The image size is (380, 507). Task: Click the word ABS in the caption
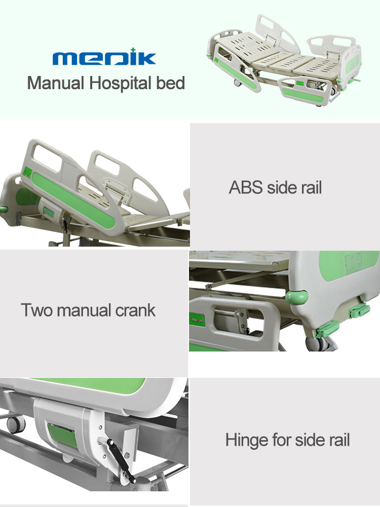point(244,187)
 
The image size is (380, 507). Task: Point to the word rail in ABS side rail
point(309,187)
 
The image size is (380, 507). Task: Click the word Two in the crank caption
point(36,310)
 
